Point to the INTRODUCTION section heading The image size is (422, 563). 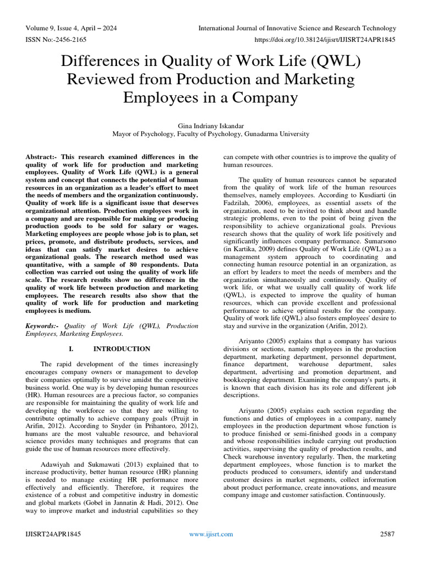[121, 349]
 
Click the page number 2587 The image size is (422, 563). [387, 534]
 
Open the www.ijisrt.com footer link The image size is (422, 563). [211, 534]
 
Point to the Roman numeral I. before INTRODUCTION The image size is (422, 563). [70, 349]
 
